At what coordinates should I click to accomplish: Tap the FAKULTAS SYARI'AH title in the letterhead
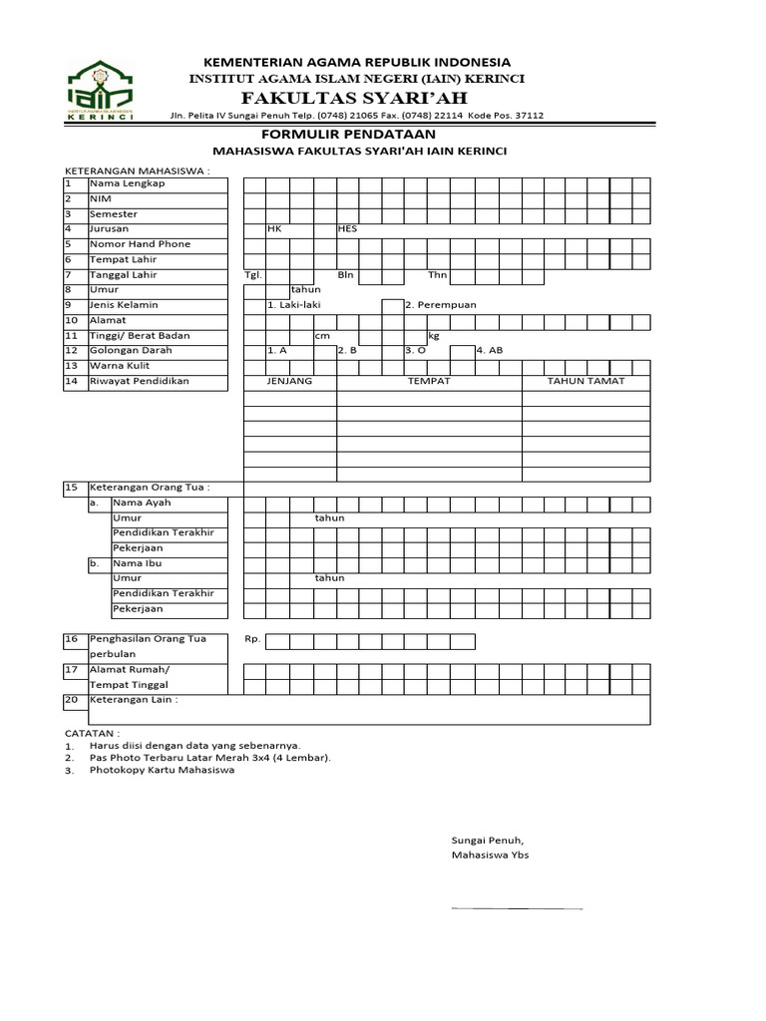355,97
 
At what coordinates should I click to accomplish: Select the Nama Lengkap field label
127,183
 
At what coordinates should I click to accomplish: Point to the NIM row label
100,198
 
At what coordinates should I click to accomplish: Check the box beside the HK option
254,229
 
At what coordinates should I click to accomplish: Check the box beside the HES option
325,229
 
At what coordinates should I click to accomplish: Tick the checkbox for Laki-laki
254,305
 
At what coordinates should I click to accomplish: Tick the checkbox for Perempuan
392,305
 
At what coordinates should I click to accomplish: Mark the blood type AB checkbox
462,351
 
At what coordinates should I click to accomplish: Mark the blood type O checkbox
392,351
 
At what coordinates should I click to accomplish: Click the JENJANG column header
290,382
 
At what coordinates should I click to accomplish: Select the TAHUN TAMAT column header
585,382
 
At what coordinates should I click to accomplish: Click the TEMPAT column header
429,382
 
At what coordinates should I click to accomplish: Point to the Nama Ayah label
143,504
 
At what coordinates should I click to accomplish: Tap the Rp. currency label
251,639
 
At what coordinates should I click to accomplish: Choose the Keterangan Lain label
134,700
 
